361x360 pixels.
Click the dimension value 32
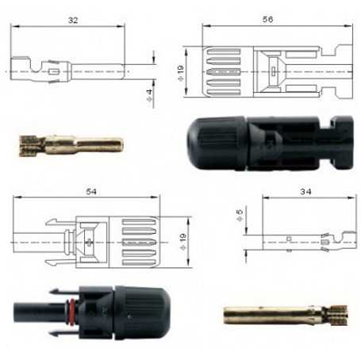(73, 21)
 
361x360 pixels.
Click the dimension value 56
(267, 19)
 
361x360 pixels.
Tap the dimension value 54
(91, 191)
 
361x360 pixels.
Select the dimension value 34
(305, 191)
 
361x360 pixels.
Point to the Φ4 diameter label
(150, 95)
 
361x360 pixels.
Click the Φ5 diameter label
(239, 215)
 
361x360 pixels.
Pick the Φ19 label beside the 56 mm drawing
(181, 72)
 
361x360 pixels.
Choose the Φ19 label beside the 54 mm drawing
(182, 242)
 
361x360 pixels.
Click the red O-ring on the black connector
(71, 311)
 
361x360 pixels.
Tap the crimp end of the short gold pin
(28, 146)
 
